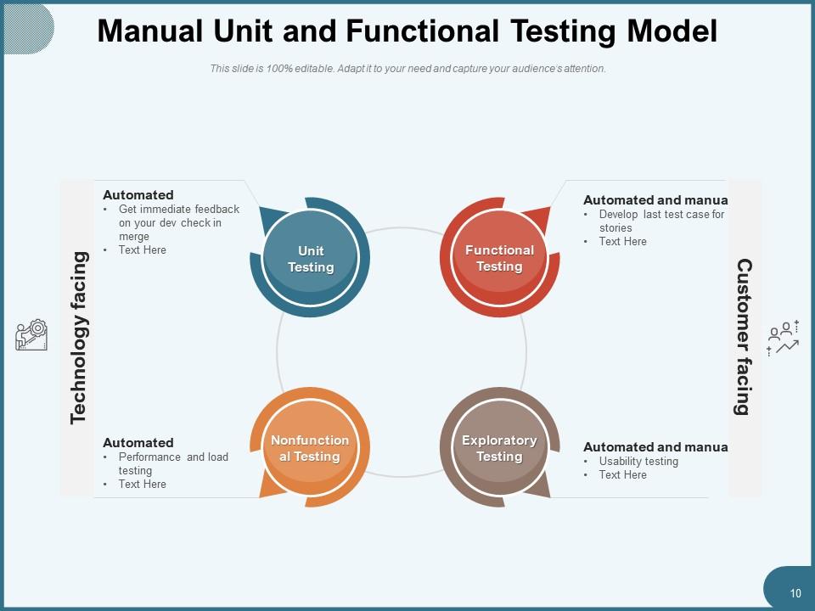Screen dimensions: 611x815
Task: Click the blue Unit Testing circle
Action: click(311, 258)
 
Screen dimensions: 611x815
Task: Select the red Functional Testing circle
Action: click(499, 258)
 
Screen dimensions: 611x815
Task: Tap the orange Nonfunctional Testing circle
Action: click(310, 448)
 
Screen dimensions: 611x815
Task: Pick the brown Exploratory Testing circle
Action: click(499, 448)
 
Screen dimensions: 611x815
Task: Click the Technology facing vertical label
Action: click(78, 337)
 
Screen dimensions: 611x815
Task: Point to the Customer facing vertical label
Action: click(744, 337)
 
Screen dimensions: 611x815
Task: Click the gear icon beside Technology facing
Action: click(32, 335)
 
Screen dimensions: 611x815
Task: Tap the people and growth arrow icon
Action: click(783, 338)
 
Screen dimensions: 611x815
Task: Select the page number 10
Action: click(795, 594)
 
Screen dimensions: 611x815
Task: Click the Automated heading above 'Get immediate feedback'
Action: click(138, 195)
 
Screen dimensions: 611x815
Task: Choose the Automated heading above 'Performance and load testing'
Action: click(138, 443)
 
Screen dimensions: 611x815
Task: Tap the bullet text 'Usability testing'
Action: click(638, 462)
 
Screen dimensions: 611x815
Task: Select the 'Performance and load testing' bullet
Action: click(172, 463)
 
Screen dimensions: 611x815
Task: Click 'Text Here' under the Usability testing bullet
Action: click(622, 475)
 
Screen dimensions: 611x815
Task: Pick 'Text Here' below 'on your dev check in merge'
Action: click(142, 250)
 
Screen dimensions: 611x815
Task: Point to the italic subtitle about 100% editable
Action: click(407, 69)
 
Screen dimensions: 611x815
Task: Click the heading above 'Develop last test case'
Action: click(655, 200)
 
